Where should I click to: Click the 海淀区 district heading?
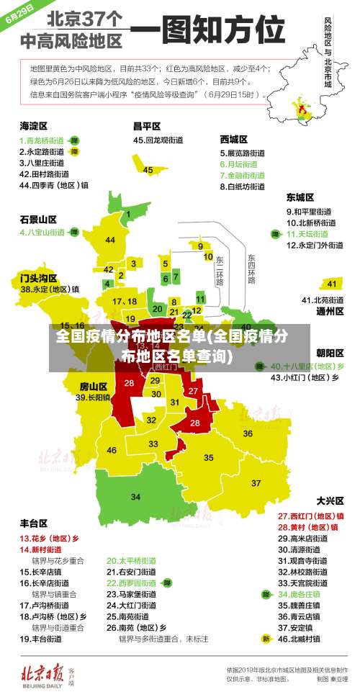pyautogui.click(x=32, y=125)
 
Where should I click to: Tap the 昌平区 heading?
pyautogui.click(x=146, y=125)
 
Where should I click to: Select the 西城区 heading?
pyautogui.click(x=234, y=138)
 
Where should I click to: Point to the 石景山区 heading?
pyautogui.click(x=38, y=219)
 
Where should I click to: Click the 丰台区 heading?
pyautogui.click(x=33, y=523)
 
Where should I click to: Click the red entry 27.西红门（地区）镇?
pyautogui.click(x=311, y=516)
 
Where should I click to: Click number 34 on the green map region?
pyautogui.click(x=135, y=497)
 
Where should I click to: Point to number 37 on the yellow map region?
pyautogui.click(x=256, y=482)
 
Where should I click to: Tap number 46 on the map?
pyautogui.click(x=112, y=450)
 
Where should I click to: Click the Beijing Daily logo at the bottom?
pyautogui.click(x=47, y=673)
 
